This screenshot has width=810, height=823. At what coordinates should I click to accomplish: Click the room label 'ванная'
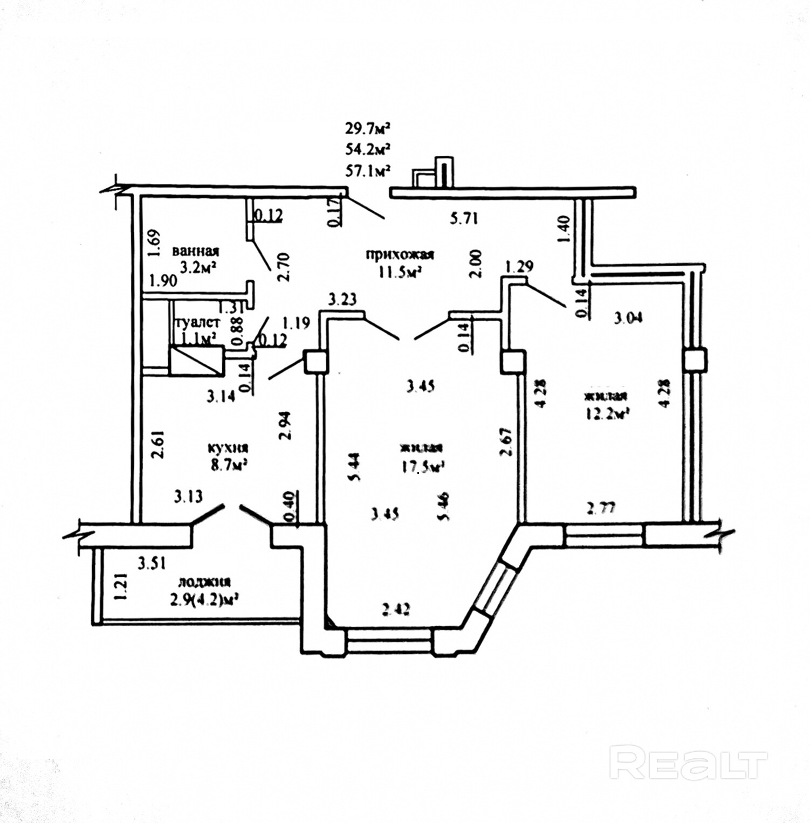195,251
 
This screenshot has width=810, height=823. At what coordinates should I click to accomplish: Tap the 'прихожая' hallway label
400,254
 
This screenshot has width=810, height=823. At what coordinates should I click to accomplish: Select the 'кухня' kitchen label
228,448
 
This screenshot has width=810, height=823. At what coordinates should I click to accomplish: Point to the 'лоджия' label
204,582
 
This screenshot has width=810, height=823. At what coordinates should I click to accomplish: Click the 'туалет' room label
198,322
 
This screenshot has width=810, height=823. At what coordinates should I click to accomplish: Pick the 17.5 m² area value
422,467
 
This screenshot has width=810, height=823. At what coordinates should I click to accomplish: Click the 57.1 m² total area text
368,171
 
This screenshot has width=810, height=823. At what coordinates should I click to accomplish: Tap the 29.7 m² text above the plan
368,128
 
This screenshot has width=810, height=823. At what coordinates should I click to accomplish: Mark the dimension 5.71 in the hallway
464,218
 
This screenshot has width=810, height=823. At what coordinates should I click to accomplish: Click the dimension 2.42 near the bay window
396,609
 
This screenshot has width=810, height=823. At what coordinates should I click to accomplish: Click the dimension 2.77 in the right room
601,508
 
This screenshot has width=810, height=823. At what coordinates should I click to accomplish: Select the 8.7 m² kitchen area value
229,465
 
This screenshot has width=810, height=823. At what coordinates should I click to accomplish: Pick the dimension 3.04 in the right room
629,317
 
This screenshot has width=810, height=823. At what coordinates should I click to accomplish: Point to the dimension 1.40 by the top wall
564,229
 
